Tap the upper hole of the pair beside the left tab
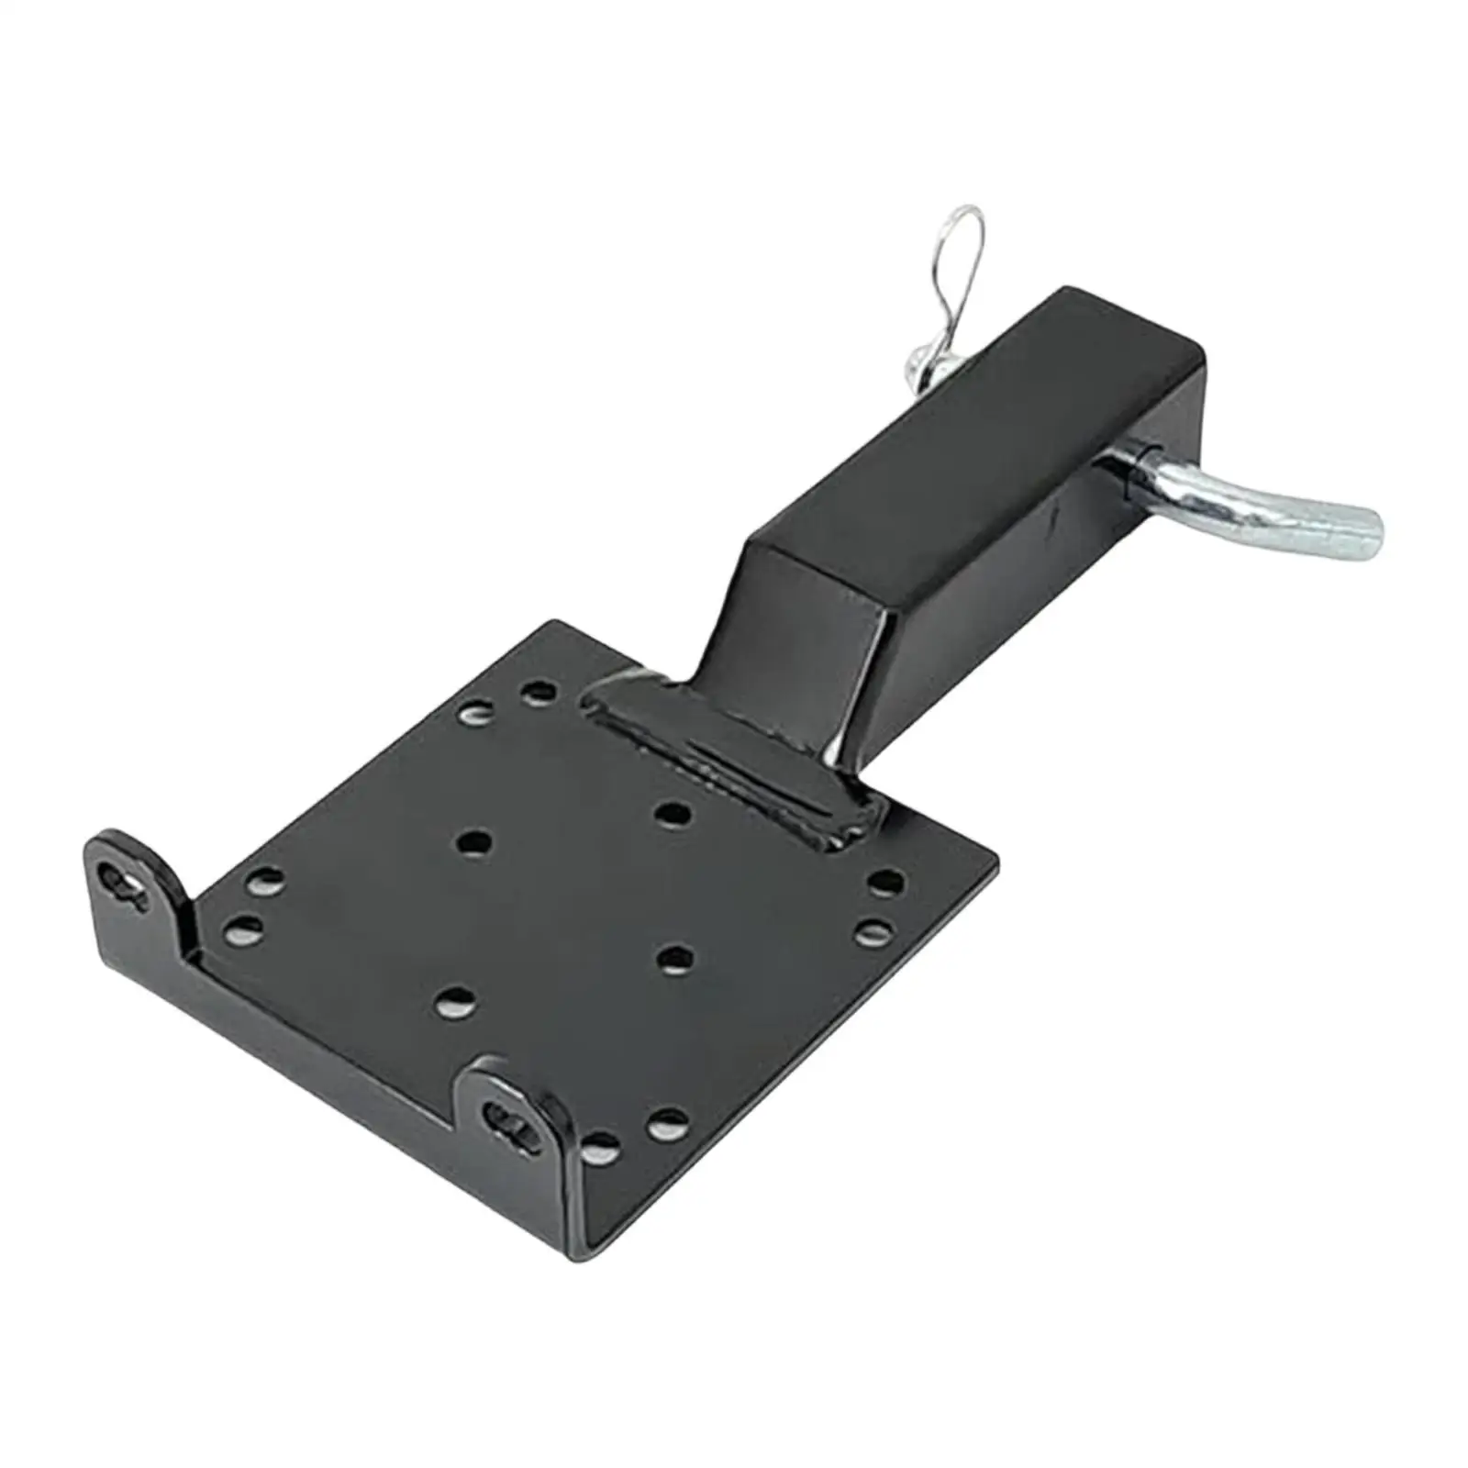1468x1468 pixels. point(264,883)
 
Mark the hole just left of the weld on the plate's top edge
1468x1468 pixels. point(539,690)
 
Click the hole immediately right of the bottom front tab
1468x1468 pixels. point(598,1143)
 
